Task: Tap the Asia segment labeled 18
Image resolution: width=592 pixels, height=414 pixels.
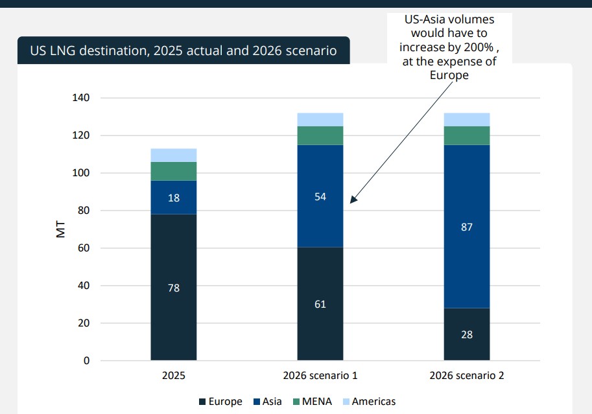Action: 174,197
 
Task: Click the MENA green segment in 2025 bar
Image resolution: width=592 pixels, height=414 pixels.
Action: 174,171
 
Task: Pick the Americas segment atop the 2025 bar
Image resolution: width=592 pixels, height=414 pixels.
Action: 174,155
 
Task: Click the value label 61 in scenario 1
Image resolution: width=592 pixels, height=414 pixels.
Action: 320,304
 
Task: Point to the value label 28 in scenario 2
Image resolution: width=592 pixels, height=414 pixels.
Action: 467,335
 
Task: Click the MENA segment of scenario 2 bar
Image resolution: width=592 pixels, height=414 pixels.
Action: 467,135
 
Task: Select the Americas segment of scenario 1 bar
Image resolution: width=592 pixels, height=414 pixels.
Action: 320,119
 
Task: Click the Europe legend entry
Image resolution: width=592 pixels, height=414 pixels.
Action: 220,402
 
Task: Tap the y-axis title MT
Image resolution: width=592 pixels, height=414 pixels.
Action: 61,229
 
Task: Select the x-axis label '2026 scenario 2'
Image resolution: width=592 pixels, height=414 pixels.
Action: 467,376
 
